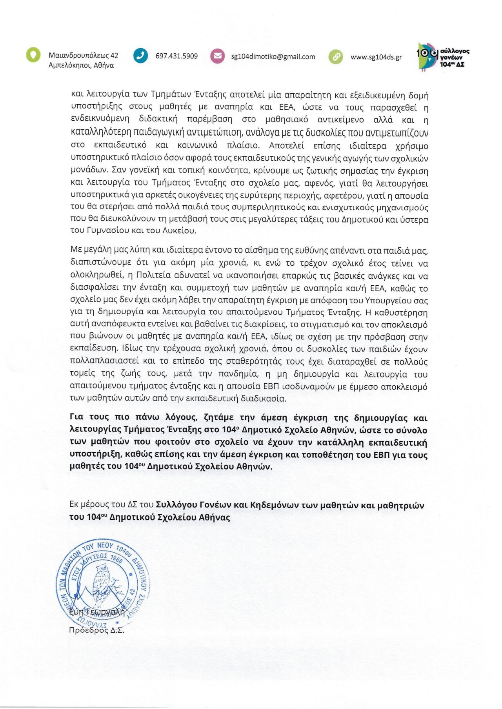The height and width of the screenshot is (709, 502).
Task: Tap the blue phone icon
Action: click(x=140, y=56)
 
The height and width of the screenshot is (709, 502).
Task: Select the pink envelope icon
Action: click(x=217, y=56)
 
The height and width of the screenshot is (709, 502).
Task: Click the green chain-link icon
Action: click(x=336, y=57)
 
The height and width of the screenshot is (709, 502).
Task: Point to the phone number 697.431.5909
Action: click(x=176, y=56)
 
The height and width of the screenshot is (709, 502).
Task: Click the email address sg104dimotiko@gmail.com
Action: click(x=273, y=56)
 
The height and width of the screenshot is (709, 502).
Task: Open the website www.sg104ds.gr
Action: click(x=376, y=57)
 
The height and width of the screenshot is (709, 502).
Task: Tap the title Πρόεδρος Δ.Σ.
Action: click(x=96, y=630)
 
